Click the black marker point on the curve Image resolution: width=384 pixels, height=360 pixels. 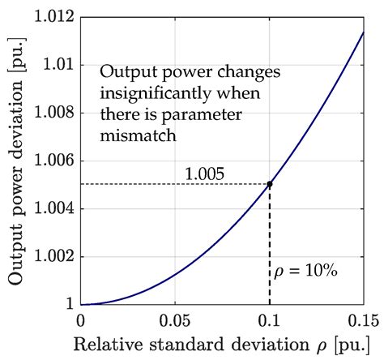pyautogui.click(x=269, y=184)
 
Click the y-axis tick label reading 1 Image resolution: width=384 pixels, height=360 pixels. pyautogui.click(x=68, y=305)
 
